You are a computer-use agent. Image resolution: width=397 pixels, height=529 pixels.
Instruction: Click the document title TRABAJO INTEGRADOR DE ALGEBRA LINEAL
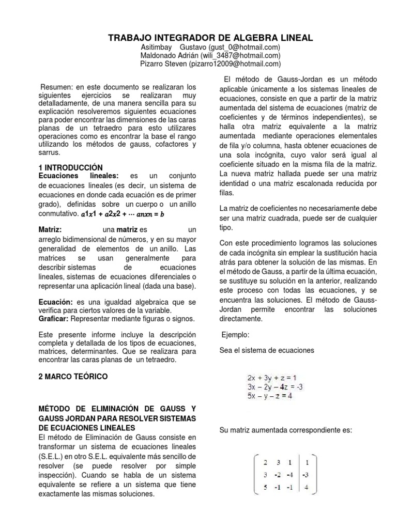(210, 38)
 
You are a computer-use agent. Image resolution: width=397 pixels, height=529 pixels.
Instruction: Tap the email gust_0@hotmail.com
(247, 48)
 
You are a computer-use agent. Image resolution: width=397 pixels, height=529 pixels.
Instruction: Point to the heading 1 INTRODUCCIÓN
(71, 167)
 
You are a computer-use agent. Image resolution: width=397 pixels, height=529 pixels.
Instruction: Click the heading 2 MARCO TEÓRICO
(73, 377)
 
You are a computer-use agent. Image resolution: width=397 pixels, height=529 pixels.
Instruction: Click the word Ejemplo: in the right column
(235, 335)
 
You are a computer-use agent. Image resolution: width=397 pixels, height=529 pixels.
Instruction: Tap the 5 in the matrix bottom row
(266, 486)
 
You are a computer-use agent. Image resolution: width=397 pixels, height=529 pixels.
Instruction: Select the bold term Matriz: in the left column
(51, 229)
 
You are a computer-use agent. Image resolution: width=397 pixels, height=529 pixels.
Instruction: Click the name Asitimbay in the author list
(158, 48)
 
